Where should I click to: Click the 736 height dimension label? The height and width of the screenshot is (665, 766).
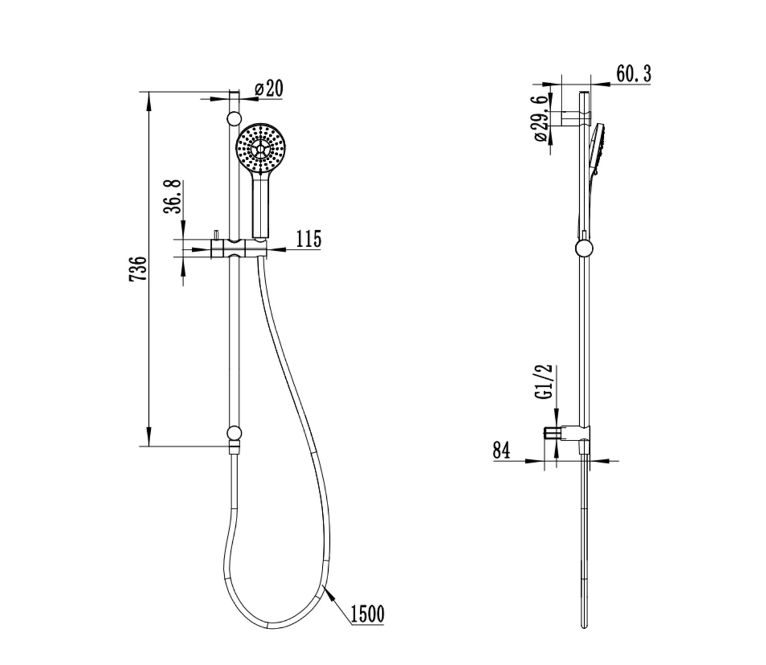coord(138,269)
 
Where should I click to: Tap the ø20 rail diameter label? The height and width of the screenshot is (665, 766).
coord(269,88)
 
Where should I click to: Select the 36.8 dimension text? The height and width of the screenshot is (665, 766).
coord(172,197)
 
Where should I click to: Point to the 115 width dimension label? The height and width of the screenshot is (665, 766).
coord(309,239)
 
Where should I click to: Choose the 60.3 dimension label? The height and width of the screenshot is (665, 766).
coord(634,74)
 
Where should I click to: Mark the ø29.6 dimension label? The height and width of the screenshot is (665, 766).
coord(541,119)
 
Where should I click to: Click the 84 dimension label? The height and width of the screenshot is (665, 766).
coord(501,450)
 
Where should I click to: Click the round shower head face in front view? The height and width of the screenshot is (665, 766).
coord(261,147)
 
